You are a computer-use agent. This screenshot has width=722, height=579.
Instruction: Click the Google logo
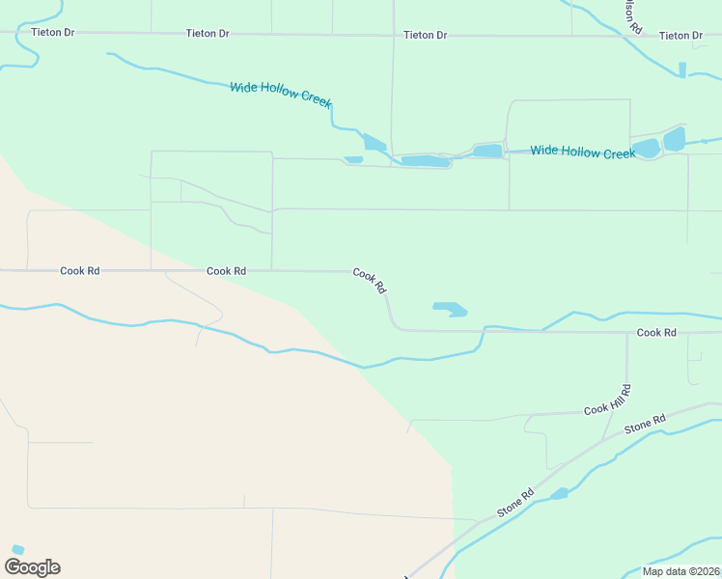pyautogui.click(x=32, y=567)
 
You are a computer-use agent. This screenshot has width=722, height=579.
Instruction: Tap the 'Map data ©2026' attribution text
pyautogui.click(x=681, y=571)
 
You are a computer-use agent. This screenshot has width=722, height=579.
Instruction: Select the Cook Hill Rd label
pyautogui.click(x=608, y=401)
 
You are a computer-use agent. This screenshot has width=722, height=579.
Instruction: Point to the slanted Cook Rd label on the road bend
pyautogui.click(x=370, y=280)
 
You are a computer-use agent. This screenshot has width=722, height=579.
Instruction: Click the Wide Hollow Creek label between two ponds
pyautogui.click(x=583, y=152)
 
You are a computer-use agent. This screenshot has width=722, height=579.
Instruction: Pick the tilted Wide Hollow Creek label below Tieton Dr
pyautogui.click(x=281, y=95)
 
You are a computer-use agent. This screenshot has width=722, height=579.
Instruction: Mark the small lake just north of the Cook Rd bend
pyautogui.click(x=450, y=309)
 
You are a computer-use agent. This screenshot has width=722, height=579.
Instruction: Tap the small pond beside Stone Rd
pyautogui.click(x=559, y=494)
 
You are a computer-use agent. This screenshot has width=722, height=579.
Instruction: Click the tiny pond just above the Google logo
pyautogui.click(x=17, y=549)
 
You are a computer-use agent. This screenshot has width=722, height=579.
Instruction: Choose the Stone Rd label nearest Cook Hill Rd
pyautogui.click(x=646, y=424)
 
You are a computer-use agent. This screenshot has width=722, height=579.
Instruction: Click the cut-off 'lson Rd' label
pyautogui.click(x=632, y=15)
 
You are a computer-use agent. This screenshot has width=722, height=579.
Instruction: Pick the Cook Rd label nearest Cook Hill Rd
pyautogui.click(x=656, y=332)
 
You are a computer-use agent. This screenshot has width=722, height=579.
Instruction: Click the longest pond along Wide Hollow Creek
pyautogui.click(x=426, y=161)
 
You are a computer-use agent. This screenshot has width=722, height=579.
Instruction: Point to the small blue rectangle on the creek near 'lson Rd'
pyautogui.click(x=682, y=69)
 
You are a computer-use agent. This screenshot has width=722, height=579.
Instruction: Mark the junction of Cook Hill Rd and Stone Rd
pyautogui.click(x=603, y=442)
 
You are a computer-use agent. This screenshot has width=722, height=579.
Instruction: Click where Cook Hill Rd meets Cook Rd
pyautogui.click(x=626, y=332)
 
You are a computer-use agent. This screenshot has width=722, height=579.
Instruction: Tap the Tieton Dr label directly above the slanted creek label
pyautogui.click(x=209, y=34)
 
